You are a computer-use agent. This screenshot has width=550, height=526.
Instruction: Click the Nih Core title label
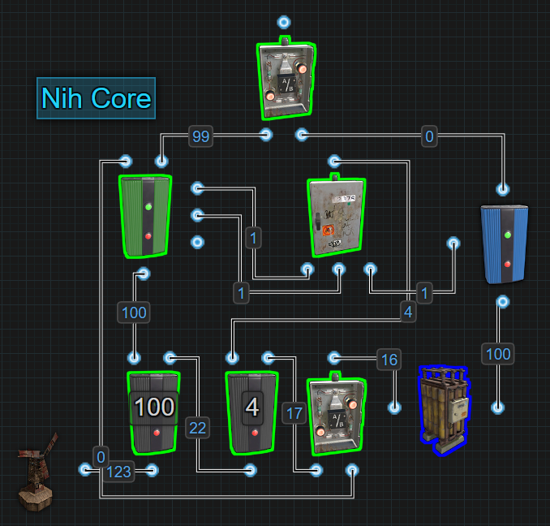[x=96, y=98]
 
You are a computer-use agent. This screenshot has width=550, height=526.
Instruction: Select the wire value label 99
[x=200, y=136]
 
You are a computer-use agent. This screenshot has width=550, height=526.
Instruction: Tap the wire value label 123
[x=118, y=472]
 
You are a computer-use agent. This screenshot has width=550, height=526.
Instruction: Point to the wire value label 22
[x=197, y=428]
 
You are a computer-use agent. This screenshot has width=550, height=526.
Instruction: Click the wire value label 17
[x=294, y=413]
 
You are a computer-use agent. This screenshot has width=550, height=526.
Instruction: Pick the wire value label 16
[x=389, y=360]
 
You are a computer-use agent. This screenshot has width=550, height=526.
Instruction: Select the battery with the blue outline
[x=443, y=408]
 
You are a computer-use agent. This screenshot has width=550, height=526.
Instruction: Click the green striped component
[x=146, y=215]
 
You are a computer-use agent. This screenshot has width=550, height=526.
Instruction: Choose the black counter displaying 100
[x=153, y=412]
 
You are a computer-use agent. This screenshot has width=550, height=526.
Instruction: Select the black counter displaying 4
[x=252, y=412]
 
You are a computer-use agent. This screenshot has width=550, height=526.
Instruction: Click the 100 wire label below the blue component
[x=498, y=353]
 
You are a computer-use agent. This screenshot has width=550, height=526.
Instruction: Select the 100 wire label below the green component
[x=134, y=313]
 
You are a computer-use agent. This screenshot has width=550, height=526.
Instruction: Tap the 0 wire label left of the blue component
[x=429, y=136]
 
